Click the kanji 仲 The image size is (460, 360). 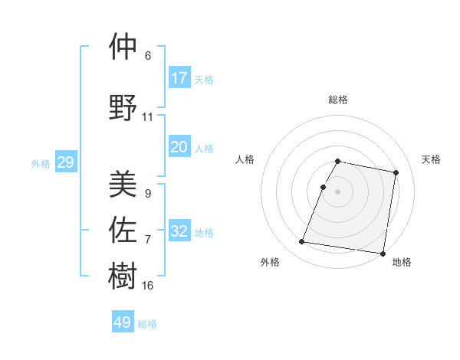123,47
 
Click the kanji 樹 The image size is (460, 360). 123,275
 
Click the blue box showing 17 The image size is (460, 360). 179,78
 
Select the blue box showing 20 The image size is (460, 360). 179,147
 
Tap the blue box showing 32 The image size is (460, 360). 179,231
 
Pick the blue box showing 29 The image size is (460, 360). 65,162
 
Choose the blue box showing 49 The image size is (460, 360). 123,322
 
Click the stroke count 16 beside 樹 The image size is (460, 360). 148,286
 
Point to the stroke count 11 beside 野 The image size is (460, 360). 147,117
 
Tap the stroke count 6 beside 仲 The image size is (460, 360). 148,56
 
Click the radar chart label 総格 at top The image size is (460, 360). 338,100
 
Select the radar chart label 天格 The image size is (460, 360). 432,159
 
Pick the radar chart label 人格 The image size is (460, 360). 245,159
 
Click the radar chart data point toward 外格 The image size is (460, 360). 302,242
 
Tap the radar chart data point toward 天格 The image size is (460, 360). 396,173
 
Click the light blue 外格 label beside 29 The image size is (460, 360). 41,163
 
